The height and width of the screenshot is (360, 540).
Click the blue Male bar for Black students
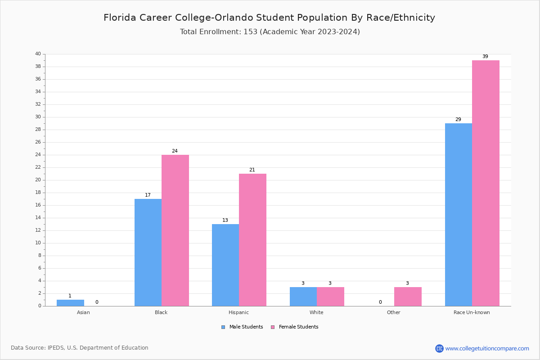pos(148,252)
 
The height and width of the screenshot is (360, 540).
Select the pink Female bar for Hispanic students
pos(252,239)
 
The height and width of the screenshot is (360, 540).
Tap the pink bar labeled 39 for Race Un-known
pos(486,183)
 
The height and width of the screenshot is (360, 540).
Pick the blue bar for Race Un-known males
pos(459,214)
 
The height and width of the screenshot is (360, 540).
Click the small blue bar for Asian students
pos(70,303)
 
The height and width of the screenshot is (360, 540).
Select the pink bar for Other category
pos(408,297)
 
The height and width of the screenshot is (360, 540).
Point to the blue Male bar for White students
pos(303,297)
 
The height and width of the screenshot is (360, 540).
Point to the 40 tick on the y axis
pos(38,54)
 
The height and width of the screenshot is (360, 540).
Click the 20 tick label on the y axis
pos(38,180)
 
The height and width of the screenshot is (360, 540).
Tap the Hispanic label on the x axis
pos(238,312)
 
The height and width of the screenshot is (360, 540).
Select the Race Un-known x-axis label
pos(472,312)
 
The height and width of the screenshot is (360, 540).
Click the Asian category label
pos(83,312)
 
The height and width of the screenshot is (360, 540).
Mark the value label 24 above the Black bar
pos(175,151)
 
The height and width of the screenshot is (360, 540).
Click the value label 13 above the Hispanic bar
pos(225,220)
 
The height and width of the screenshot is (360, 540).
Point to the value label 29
pos(458,120)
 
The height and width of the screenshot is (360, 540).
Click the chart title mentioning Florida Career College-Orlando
pos(269,18)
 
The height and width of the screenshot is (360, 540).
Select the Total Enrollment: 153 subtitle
pos(270,32)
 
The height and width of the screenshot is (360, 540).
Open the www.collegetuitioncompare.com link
pos(487,348)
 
